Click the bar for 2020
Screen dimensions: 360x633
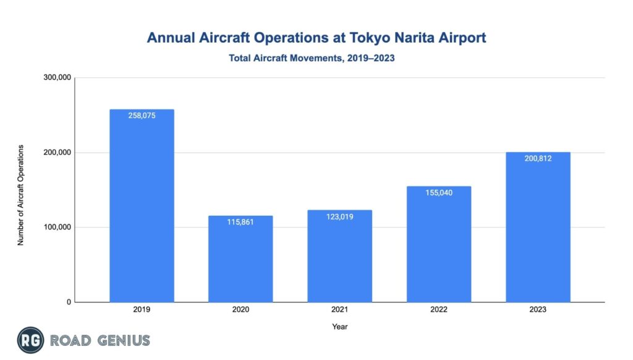click(240, 260)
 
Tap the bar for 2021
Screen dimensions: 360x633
click(339, 257)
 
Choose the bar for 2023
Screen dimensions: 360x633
click(538, 229)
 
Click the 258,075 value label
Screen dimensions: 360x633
click(142, 116)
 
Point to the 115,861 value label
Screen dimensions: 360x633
click(240, 222)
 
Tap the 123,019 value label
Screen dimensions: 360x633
click(339, 216)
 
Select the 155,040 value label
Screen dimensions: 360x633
click(439, 192)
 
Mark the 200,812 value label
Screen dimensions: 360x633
click(538, 158)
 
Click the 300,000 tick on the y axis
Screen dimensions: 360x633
click(57, 78)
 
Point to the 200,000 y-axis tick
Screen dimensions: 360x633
click(57, 153)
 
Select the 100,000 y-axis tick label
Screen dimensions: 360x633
click(57, 228)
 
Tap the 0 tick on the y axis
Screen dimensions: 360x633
click(69, 302)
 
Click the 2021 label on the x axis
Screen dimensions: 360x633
click(339, 309)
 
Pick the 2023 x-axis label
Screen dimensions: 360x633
click(538, 309)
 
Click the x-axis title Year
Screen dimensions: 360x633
click(339, 326)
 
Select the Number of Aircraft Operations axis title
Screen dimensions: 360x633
click(20, 195)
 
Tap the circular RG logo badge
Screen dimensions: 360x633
click(30, 340)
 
